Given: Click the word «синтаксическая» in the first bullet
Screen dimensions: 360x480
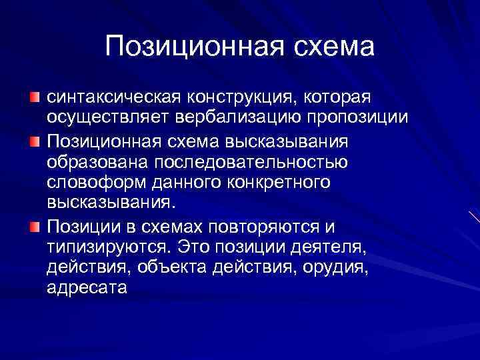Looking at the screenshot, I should pyautogui.click(x=109, y=98).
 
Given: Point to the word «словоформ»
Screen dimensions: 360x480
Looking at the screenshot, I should pyautogui.click(x=91, y=183).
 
